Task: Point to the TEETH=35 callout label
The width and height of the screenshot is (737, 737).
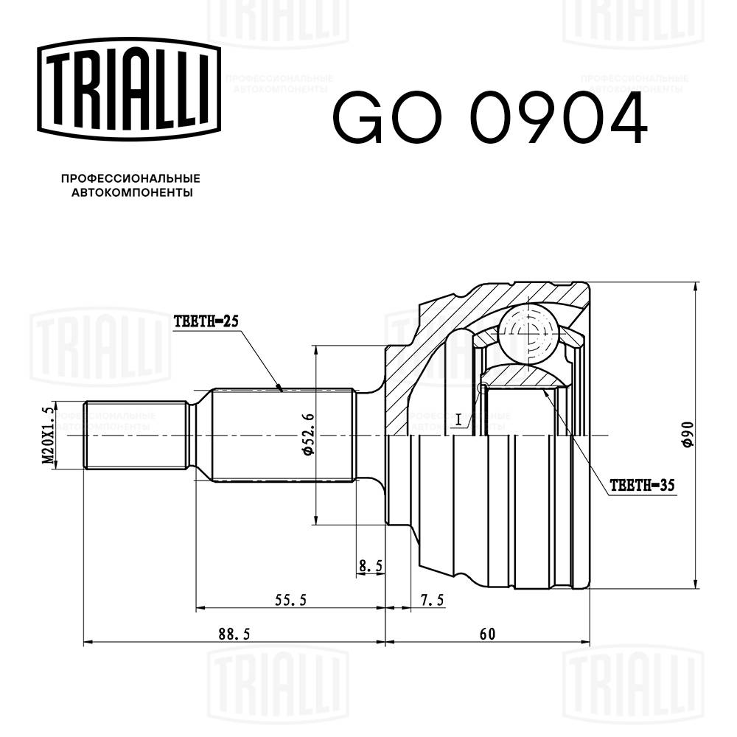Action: click(643, 486)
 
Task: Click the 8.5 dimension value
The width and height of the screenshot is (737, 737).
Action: click(370, 566)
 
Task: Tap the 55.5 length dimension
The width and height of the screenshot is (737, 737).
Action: click(290, 600)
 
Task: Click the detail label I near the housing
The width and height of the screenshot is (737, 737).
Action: click(458, 420)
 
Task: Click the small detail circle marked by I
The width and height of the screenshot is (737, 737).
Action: click(483, 388)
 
